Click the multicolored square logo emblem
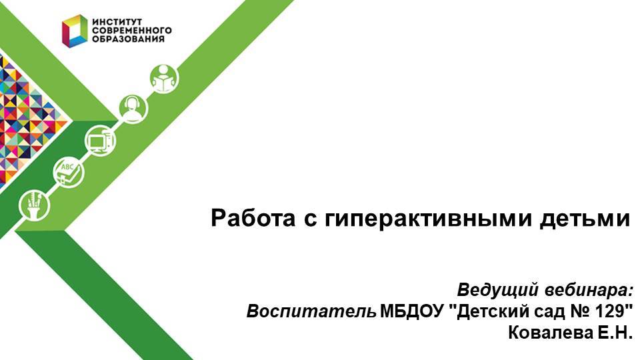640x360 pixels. [x=75, y=31]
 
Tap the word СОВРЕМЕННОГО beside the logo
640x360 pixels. [x=131, y=31]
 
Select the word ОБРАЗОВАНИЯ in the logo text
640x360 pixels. [x=127, y=39]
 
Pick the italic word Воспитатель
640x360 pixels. [x=311, y=311]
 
